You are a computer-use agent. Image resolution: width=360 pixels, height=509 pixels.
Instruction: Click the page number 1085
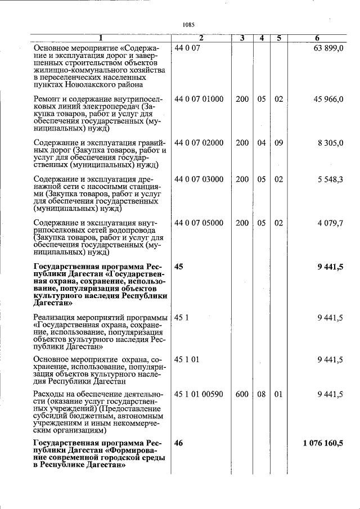click(x=188, y=24)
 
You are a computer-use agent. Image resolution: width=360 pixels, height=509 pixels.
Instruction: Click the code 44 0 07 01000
click(x=199, y=99)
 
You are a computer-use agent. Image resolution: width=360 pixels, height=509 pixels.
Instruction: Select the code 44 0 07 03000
click(x=199, y=179)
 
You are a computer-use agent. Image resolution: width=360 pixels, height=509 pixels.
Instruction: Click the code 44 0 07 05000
click(x=199, y=223)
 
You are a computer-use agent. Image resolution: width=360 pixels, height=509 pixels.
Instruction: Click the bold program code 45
click(x=179, y=267)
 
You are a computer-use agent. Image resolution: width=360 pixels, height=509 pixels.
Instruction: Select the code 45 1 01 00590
click(x=199, y=394)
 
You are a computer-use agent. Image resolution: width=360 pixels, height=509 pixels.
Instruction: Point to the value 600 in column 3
click(x=242, y=394)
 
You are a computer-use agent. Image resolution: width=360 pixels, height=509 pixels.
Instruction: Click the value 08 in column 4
click(x=262, y=394)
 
